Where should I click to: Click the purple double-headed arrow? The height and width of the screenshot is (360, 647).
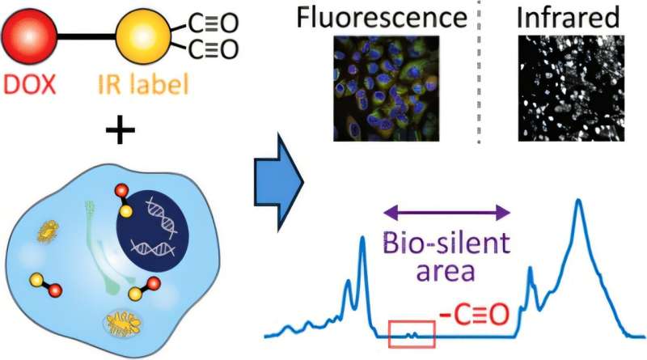click(447, 213)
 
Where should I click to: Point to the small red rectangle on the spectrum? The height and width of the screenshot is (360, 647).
click(412, 332)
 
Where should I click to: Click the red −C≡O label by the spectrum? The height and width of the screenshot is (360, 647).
click(473, 311)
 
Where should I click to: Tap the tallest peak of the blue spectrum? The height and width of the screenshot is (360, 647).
click(578, 201)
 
